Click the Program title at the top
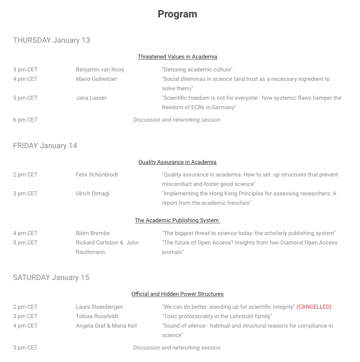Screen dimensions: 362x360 177,14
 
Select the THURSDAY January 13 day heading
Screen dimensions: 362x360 51,40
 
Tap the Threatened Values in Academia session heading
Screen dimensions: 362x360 177,57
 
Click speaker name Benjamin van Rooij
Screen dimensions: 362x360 100,70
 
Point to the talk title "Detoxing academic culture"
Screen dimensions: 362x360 197,70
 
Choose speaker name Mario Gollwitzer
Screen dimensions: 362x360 96,79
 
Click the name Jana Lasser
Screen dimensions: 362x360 91,98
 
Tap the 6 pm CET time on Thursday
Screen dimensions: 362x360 25,120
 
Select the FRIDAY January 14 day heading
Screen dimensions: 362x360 45,145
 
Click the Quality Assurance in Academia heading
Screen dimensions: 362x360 177,162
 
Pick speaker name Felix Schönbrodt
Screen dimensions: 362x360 97,175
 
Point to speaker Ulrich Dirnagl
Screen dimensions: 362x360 93,193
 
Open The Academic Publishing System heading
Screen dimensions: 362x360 177,220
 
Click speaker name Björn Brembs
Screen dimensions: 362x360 93,233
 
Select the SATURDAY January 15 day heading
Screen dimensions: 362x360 51,277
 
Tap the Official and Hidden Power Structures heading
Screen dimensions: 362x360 177,294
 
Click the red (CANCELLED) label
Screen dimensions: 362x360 314,307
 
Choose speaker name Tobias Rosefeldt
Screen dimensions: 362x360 97,316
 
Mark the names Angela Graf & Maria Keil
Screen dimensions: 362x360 106,326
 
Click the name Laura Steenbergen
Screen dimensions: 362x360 99,307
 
